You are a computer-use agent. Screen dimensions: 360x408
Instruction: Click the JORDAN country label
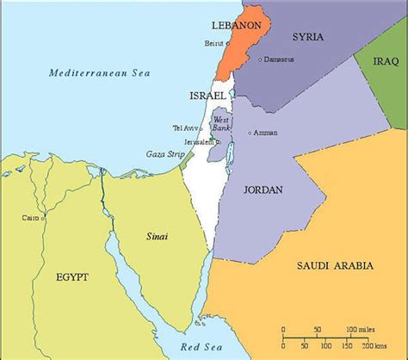tap(261, 189)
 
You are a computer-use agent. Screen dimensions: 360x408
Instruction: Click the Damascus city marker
tap(262, 59)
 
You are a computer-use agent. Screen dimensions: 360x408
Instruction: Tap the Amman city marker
tap(249, 133)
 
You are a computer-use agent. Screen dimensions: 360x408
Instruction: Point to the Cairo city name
tap(30, 217)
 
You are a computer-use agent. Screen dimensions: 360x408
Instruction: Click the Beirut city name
tap(213, 40)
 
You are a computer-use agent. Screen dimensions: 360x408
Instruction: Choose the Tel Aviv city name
tap(184, 128)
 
